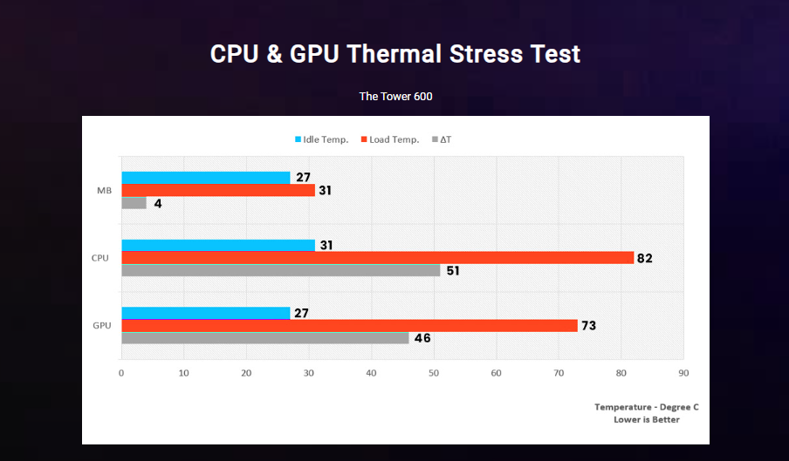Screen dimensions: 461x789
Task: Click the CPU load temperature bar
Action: pos(377,258)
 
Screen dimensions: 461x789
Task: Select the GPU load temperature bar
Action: pos(349,326)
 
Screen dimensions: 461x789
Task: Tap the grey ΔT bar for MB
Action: pos(134,203)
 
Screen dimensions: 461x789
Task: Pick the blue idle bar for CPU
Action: pos(217,245)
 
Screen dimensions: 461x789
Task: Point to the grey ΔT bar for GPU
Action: pos(264,338)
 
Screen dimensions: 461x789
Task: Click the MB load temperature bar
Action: pos(217,190)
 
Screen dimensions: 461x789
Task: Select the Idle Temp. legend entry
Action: pos(321,139)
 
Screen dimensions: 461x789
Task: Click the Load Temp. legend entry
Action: pos(389,139)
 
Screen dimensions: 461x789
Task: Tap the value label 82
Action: pos(645,258)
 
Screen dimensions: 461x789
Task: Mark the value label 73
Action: pos(589,326)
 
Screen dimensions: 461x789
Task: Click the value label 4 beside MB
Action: pos(158,203)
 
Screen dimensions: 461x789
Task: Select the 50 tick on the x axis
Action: pos(434,373)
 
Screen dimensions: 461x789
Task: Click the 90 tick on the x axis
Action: pos(683,373)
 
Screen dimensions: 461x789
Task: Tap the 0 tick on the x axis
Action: pos(121,373)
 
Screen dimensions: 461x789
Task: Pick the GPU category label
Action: pos(101,325)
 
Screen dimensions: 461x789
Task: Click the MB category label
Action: pos(103,190)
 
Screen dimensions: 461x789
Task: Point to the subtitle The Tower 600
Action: pos(395,96)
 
